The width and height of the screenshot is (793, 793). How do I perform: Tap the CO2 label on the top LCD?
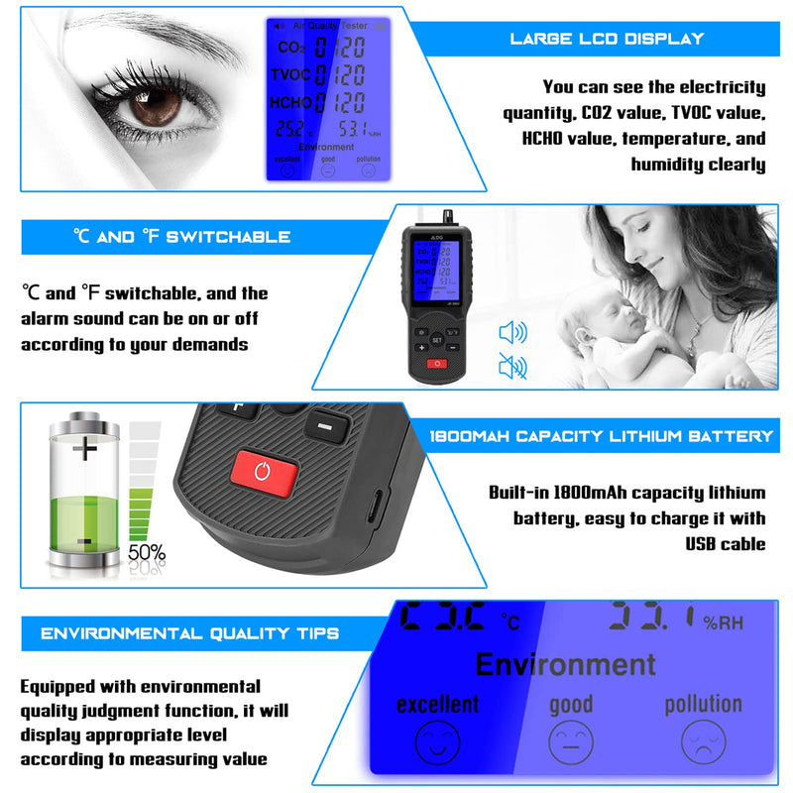click(x=290, y=47)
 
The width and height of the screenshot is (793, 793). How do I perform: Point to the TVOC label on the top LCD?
click(x=290, y=74)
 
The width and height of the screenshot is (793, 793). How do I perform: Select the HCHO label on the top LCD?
click(x=290, y=101)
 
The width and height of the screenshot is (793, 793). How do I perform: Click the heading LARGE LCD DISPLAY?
click(x=607, y=39)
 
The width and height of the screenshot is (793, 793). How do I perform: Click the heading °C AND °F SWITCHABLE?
click(x=181, y=237)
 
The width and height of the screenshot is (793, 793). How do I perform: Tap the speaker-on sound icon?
click(x=512, y=332)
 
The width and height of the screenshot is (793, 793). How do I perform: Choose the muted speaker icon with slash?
click(x=512, y=368)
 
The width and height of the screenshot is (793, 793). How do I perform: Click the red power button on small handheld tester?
click(x=437, y=364)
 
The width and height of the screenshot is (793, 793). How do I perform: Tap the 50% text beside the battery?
click(x=146, y=552)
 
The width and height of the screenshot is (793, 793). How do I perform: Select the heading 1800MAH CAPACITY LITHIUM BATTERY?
click(x=601, y=435)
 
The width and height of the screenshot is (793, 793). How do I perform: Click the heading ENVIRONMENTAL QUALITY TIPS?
click(x=190, y=633)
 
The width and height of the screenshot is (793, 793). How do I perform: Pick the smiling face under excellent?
click(x=437, y=741)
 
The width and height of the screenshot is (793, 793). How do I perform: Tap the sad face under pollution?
click(x=703, y=740)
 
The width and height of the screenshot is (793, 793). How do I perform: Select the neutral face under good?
click(x=571, y=741)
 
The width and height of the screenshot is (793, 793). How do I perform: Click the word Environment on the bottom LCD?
click(x=565, y=663)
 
